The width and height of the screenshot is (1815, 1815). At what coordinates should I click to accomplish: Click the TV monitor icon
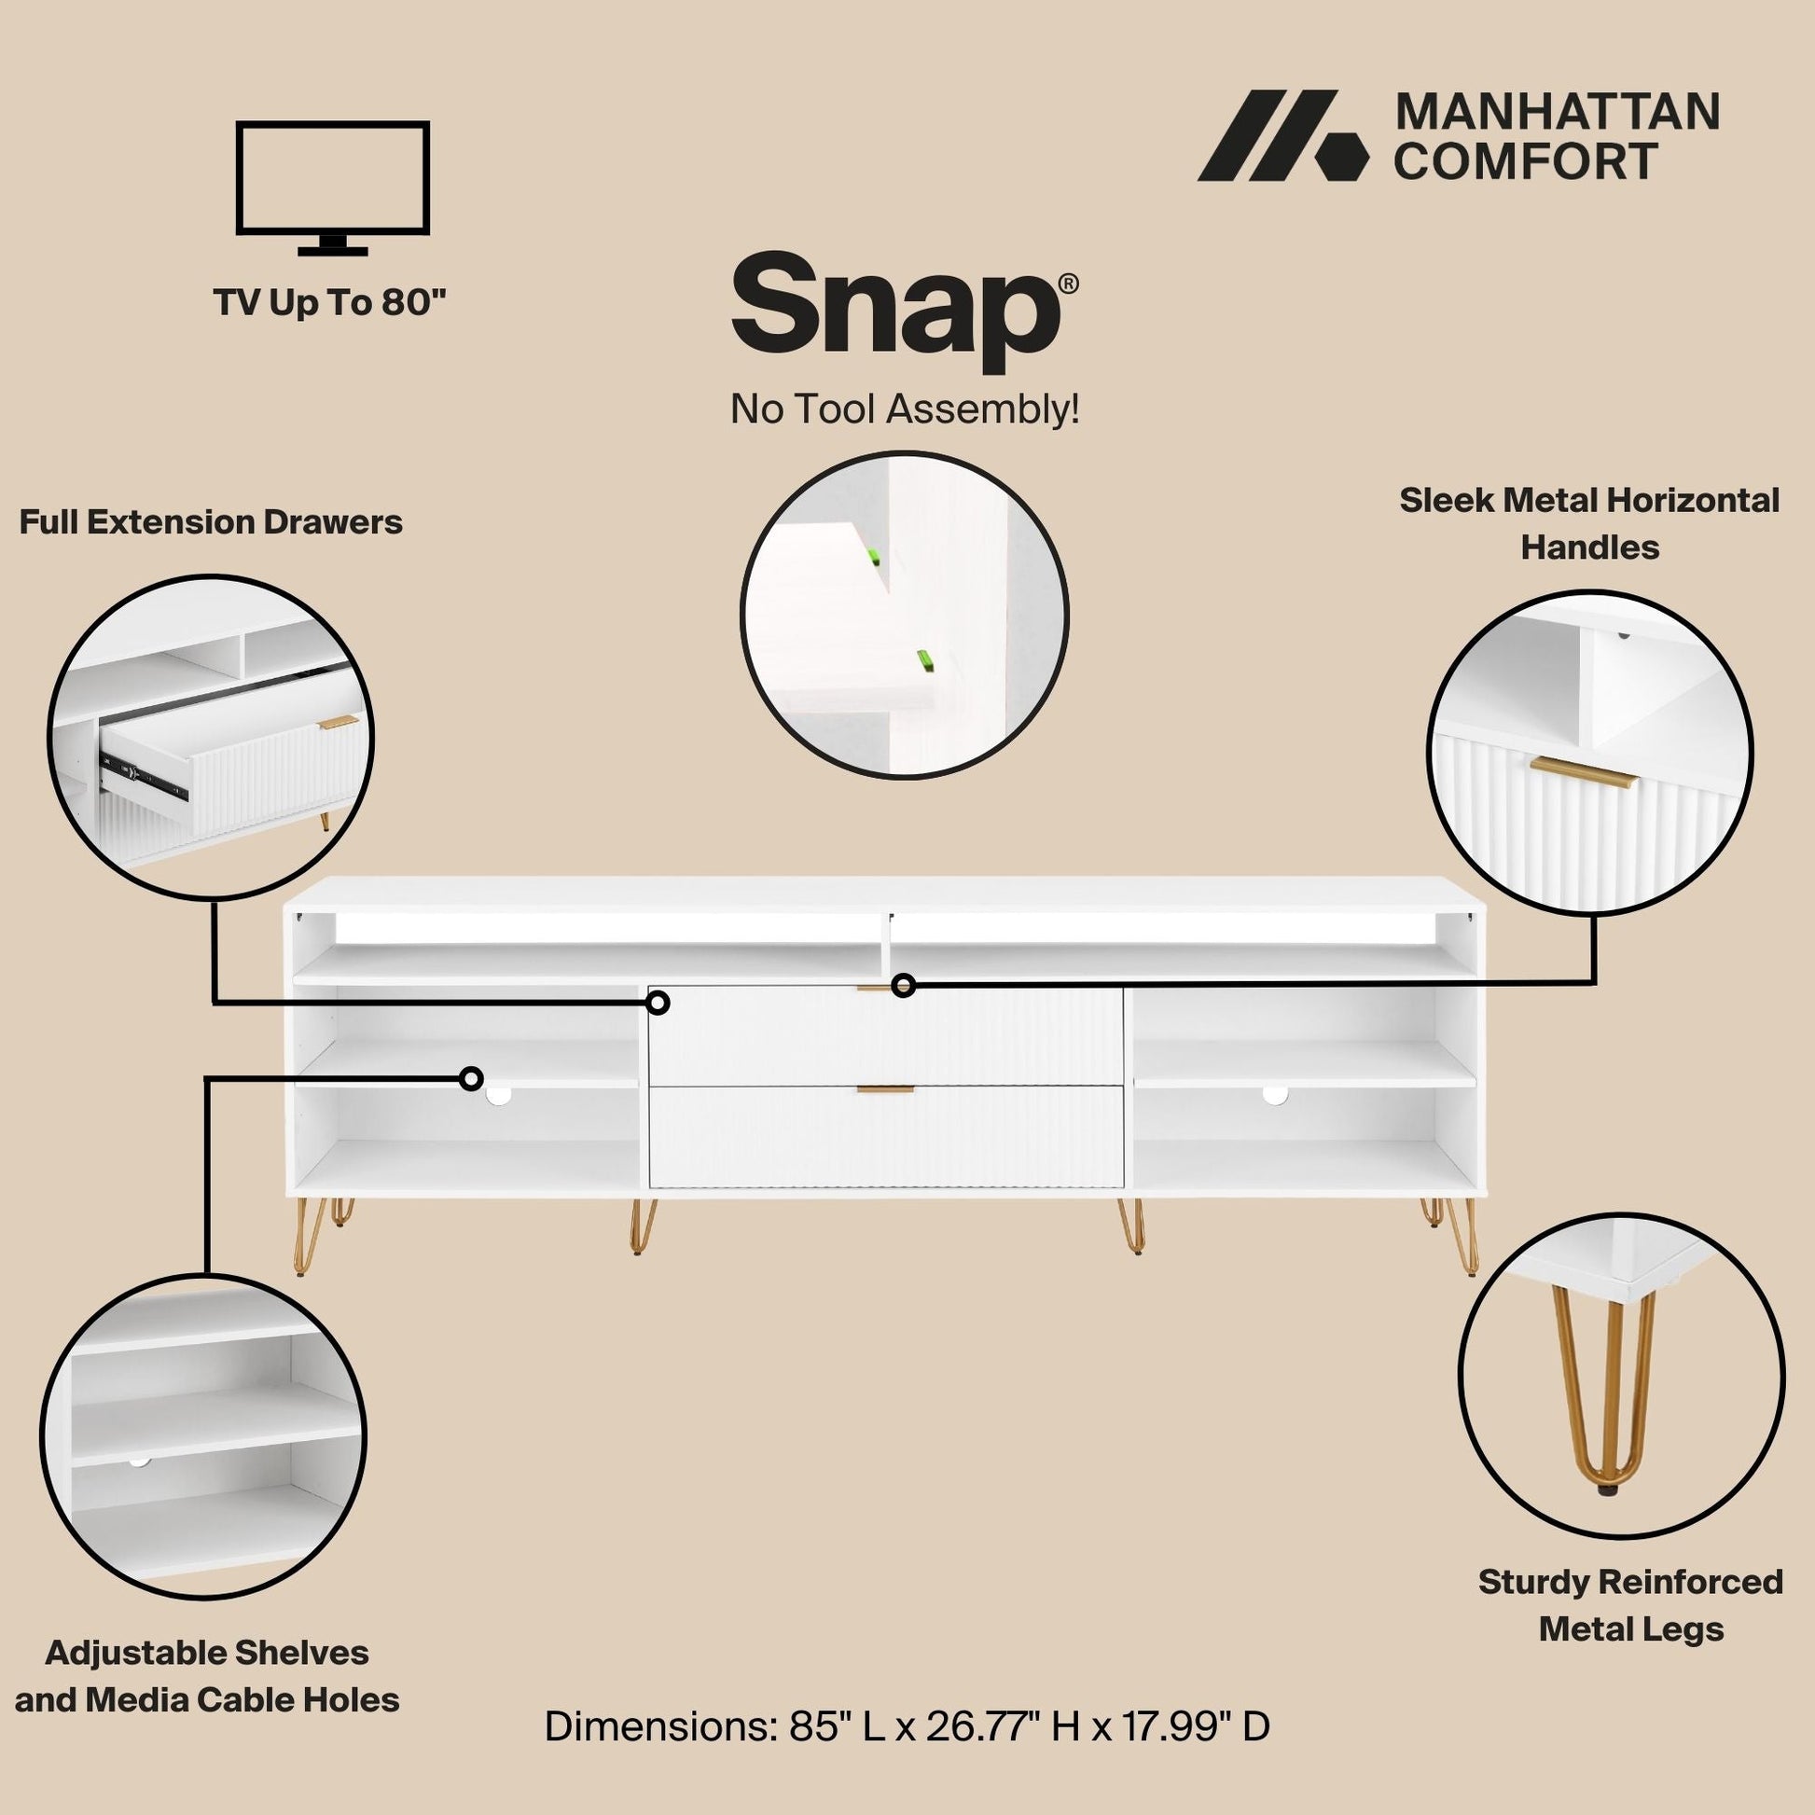click(x=334, y=187)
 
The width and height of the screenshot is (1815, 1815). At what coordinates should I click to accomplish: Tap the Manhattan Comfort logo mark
click(x=1282, y=135)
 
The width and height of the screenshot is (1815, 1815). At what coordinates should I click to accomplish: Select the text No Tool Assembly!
click(x=905, y=409)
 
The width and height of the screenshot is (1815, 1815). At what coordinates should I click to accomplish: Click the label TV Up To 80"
click(x=330, y=302)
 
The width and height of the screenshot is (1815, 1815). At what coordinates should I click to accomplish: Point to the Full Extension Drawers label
click(x=211, y=522)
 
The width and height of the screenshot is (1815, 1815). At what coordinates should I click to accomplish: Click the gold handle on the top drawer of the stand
click(x=879, y=988)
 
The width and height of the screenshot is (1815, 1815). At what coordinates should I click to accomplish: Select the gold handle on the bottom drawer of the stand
click(x=884, y=1089)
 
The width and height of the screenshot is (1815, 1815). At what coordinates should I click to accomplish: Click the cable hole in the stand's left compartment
click(x=500, y=1093)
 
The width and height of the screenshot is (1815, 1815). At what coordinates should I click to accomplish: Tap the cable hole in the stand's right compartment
click(x=1275, y=1093)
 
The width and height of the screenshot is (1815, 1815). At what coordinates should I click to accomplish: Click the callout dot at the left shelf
click(x=472, y=1077)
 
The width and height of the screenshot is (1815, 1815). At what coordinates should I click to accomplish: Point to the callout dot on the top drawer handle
click(x=903, y=986)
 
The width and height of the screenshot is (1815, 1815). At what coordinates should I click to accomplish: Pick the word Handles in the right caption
click(x=1589, y=547)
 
